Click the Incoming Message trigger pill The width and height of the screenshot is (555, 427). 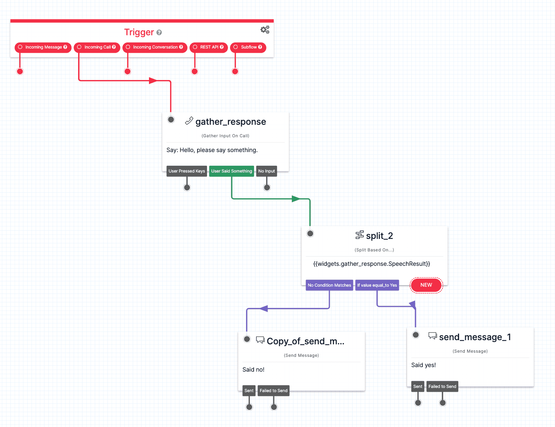(x=43, y=47)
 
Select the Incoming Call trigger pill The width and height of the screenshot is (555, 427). (x=97, y=47)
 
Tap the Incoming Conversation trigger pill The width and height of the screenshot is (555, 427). (x=155, y=47)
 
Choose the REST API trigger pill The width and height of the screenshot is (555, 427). (x=209, y=47)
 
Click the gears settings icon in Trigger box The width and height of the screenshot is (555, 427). (x=265, y=30)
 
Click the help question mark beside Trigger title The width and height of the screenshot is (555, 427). (x=159, y=33)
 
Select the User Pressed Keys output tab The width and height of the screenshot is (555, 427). (x=187, y=171)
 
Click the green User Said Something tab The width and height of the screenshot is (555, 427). (x=232, y=171)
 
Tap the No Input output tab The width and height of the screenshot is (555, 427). (x=267, y=171)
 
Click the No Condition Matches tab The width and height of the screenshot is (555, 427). (x=329, y=285)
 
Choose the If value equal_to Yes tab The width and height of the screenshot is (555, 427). (x=377, y=285)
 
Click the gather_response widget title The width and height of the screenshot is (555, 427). (x=230, y=122)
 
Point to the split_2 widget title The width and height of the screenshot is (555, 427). (x=379, y=236)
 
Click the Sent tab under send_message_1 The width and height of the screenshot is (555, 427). (x=418, y=387)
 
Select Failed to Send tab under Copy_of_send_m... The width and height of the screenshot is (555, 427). (x=273, y=391)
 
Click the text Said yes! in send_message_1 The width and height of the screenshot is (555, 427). (x=423, y=365)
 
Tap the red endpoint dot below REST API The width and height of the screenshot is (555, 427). (x=195, y=71)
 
